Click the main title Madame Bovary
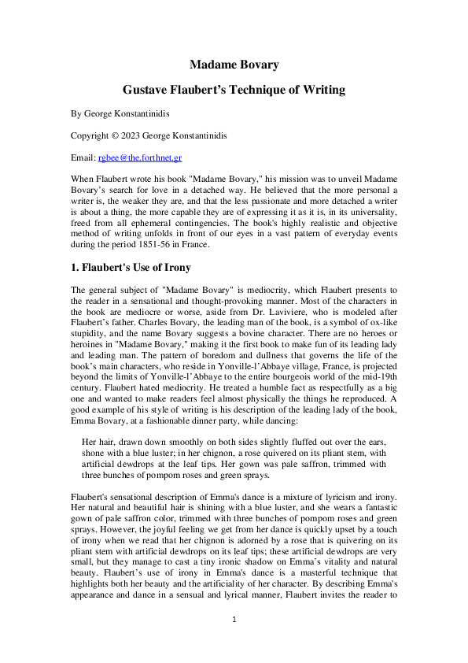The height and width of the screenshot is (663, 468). coord(234,64)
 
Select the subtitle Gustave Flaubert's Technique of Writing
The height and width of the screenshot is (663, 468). coord(234,90)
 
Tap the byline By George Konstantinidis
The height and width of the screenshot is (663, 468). coord(120,114)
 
